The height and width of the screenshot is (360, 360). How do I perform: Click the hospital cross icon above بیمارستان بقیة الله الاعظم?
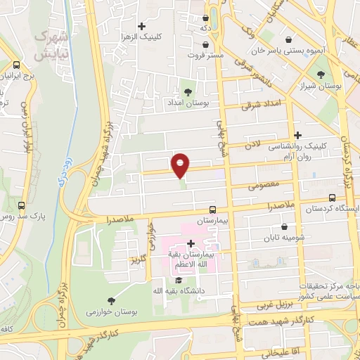pyautogui.click(x=191, y=243)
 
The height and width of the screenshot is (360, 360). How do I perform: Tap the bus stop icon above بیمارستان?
pyautogui.click(x=213, y=210)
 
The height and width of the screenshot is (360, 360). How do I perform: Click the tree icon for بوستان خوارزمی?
pyautogui.click(x=111, y=300)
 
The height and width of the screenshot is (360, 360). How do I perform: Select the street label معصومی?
pyautogui.click(x=263, y=186)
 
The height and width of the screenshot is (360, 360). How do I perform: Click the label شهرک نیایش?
pyautogui.click(x=51, y=44)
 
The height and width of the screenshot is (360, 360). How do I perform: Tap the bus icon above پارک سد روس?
pyautogui.click(x=22, y=206)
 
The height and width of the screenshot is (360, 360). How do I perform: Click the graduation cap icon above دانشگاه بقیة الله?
pyautogui.click(x=177, y=280)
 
